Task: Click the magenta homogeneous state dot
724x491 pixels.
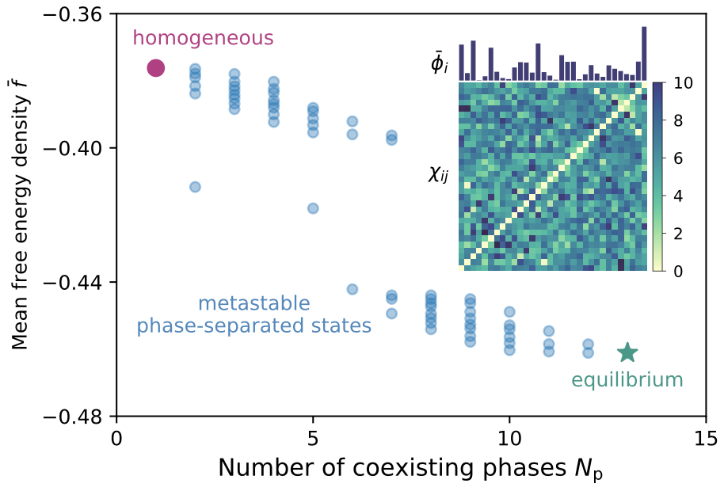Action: [x=155, y=68]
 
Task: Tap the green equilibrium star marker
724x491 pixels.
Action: [x=627, y=352]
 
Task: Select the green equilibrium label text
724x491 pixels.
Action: [x=627, y=380]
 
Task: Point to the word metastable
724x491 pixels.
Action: [x=253, y=303]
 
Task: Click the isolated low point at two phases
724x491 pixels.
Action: [x=195, y=187]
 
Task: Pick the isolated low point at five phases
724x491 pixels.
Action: [x=313, y=208]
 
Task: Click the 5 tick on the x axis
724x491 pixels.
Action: [x=313, y=436]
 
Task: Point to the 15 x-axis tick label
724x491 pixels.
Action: [x=705, y=436]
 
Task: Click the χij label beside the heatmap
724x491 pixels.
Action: [x=437, y=174]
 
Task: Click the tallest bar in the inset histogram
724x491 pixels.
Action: [x=644, y=54]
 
